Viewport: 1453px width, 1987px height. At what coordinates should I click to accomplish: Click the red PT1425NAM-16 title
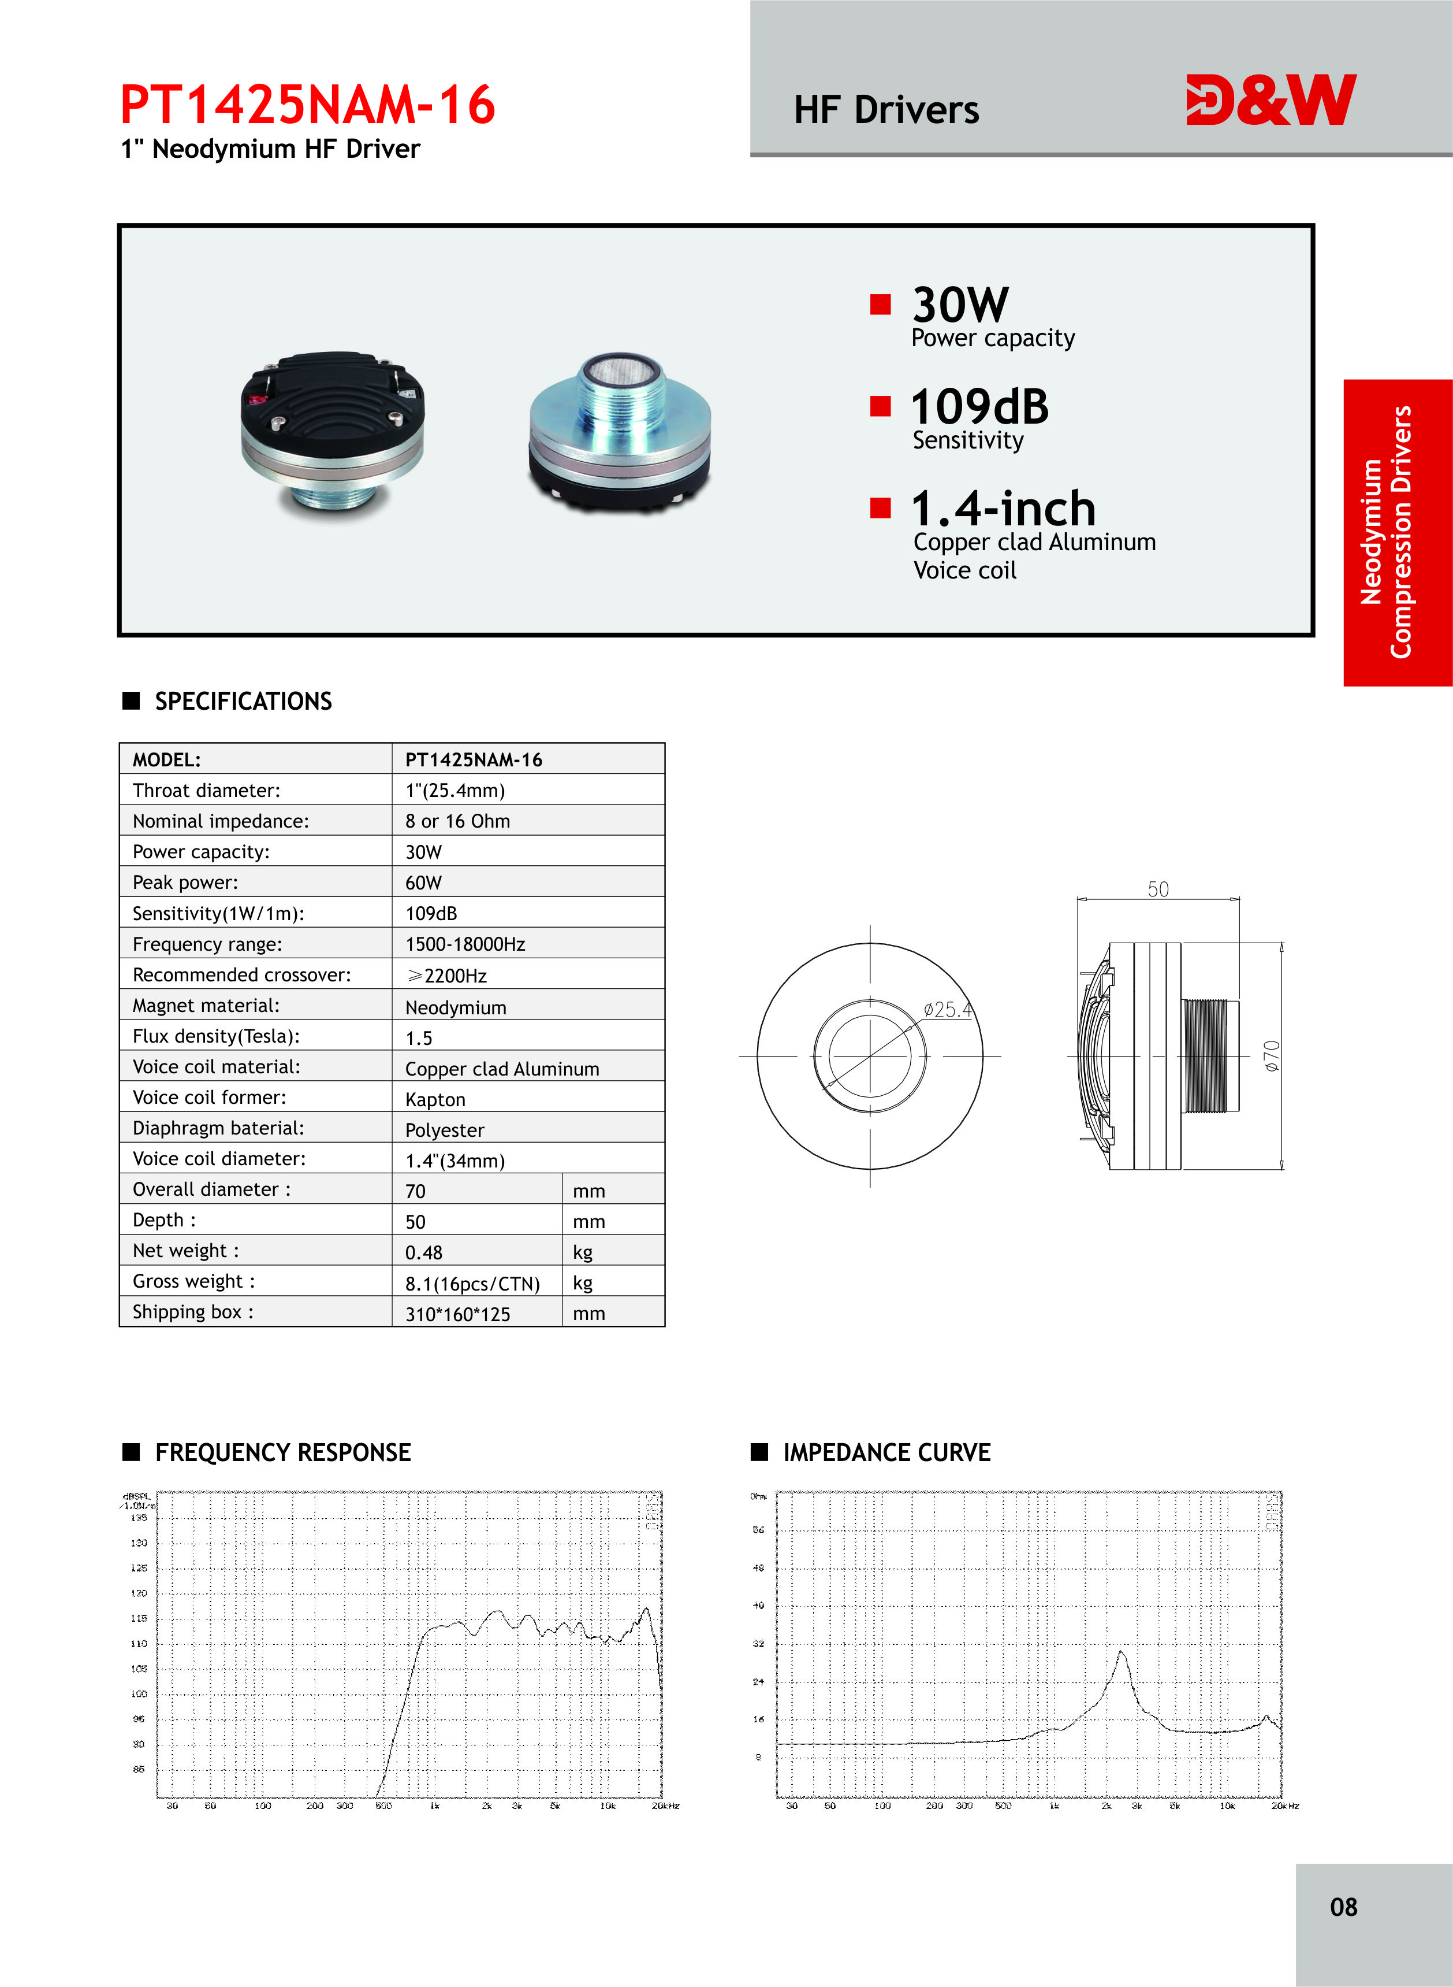308,105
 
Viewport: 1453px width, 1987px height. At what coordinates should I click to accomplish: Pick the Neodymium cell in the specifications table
456,1007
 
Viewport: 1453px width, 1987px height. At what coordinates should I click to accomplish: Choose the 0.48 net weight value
424,1252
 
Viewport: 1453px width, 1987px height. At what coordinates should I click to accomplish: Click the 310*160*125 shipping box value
457,1314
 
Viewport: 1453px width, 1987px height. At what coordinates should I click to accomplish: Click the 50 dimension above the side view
1158,889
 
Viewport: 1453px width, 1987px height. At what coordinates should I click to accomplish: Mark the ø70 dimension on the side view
1272,1056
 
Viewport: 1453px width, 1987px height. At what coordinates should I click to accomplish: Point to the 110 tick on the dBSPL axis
139,1644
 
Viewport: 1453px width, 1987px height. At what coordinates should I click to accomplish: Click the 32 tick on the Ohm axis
758,1643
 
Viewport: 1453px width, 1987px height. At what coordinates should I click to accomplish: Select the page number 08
1343,1907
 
